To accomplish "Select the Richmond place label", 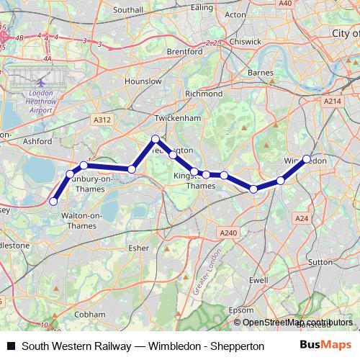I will tap(204, 94).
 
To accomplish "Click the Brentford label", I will tap(183, 52).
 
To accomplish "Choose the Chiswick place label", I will tap(246, 42).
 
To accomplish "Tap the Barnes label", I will tap(260, 73).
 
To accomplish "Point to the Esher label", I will tap(138, 248).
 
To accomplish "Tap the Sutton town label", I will tap(318, 263).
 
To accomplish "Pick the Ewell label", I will tap(258, 279).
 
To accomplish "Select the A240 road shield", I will tap(228, 232).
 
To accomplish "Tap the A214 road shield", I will tap(332, 102).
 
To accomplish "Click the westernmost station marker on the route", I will tap(53, 202).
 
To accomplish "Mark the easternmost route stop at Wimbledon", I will tap(307, 159).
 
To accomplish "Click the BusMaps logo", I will tap(325, 345).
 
